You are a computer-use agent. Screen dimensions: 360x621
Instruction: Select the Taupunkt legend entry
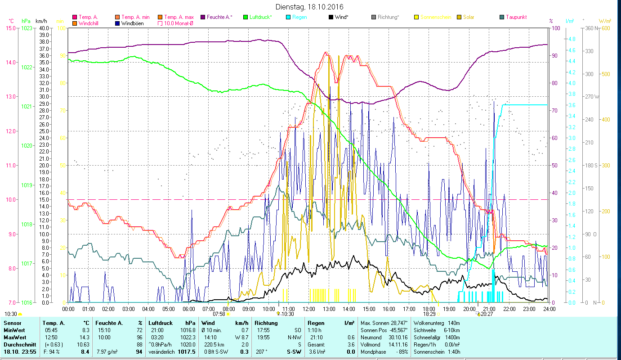pyautogui.click(x=516, y=17)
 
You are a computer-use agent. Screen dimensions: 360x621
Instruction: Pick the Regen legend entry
pyautogui.click(x=299, y=17)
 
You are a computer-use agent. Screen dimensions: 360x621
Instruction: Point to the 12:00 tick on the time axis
pyautogui.click(x=309, y=309)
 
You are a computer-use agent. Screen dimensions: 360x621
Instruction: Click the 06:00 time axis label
pyautogui.click(x=188, y=309)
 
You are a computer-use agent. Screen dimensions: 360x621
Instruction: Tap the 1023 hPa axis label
pyautogui.click(x=27, y=28)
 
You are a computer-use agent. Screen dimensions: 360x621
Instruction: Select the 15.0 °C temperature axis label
pyautogui.click(x=10, y=28)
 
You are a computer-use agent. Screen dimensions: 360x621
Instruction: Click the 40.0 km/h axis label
pyautogui.click(x=44, y=28)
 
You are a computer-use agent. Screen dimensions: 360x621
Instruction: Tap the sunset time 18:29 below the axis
pyautogui.click(x=429, y=314)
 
